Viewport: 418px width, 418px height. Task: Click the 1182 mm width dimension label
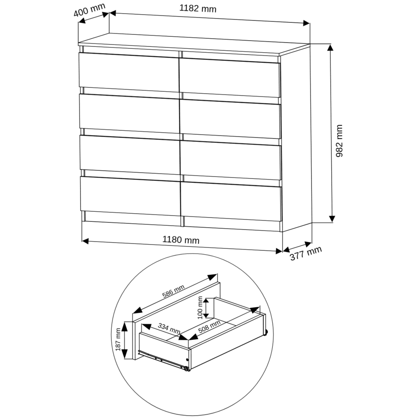pos(197,9)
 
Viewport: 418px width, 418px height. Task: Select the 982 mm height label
pos(339,140)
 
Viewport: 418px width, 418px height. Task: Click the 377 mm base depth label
pos(306,253)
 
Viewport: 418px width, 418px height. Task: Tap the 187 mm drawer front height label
pos(118,339)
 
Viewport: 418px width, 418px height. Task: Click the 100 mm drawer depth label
pos(200,308)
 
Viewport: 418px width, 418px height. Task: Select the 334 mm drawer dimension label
pos(169,328)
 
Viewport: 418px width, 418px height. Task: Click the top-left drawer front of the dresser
pos(129,72)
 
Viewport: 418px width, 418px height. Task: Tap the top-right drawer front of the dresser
pos(230,78)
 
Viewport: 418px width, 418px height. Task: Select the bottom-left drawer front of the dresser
pos(130,196)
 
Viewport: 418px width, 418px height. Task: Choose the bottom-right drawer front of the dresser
pos(231,202)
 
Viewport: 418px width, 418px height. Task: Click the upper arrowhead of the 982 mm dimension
pos(331,48)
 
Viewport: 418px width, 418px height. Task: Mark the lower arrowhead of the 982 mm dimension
pos(332,218)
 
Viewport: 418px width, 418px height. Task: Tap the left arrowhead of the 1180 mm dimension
pos(85,241)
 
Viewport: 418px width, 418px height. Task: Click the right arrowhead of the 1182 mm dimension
pos(306,23)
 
